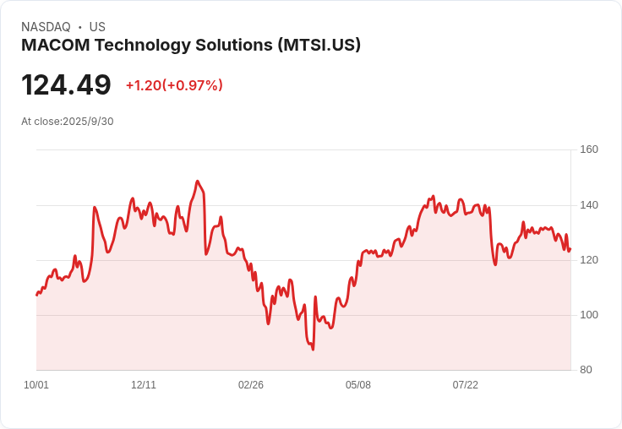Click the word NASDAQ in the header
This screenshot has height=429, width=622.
[x=46, y=27]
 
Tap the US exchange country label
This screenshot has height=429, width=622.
[x=97, y=27]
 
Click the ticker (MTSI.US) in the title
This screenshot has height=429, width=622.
[x=319, y=45]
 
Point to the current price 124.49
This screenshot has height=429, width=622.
[x=66, y=85]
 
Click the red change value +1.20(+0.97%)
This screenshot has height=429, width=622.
[x=174, y=85]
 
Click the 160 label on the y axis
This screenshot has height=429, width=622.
[x=589, y=150]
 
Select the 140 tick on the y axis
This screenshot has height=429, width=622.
[x=589, y=205]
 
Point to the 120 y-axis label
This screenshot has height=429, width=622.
[x=589, y=260]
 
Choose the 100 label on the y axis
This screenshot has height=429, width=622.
[x=589, y=315]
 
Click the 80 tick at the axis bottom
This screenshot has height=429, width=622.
[x=586, y=370]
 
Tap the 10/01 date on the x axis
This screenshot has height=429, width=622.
[x=36, y=385]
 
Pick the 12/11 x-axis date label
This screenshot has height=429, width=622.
[x=144, y=385]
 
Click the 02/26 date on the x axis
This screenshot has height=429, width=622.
[x=251, y=385]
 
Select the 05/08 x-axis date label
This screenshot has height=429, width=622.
[x=358, y=385]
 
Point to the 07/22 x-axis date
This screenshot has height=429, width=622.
[x=466, y=385]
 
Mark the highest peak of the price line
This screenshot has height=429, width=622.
[x=198, y=181]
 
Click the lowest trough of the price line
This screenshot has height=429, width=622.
[x=313, y=349]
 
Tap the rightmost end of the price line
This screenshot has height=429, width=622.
[x=570, y=248]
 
